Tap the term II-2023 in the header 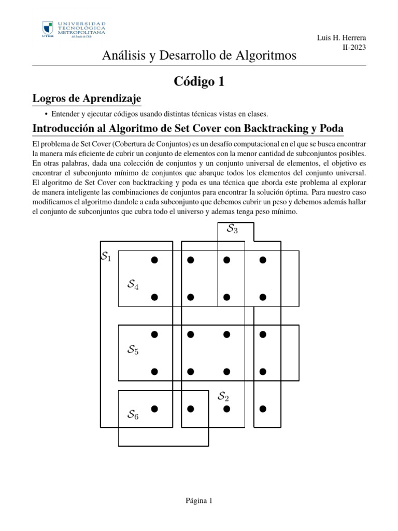point(354,47)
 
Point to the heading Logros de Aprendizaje point(87,99)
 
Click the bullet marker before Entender point(47,114)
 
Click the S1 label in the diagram point(106,256)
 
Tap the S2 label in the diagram point(223,397)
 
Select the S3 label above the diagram point(232,228)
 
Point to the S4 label point(133,284)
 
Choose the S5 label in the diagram point(133,350)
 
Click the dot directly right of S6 point(154,409)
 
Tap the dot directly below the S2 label point(226,409)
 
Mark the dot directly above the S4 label point(154,260)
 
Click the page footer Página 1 point(199,500)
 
